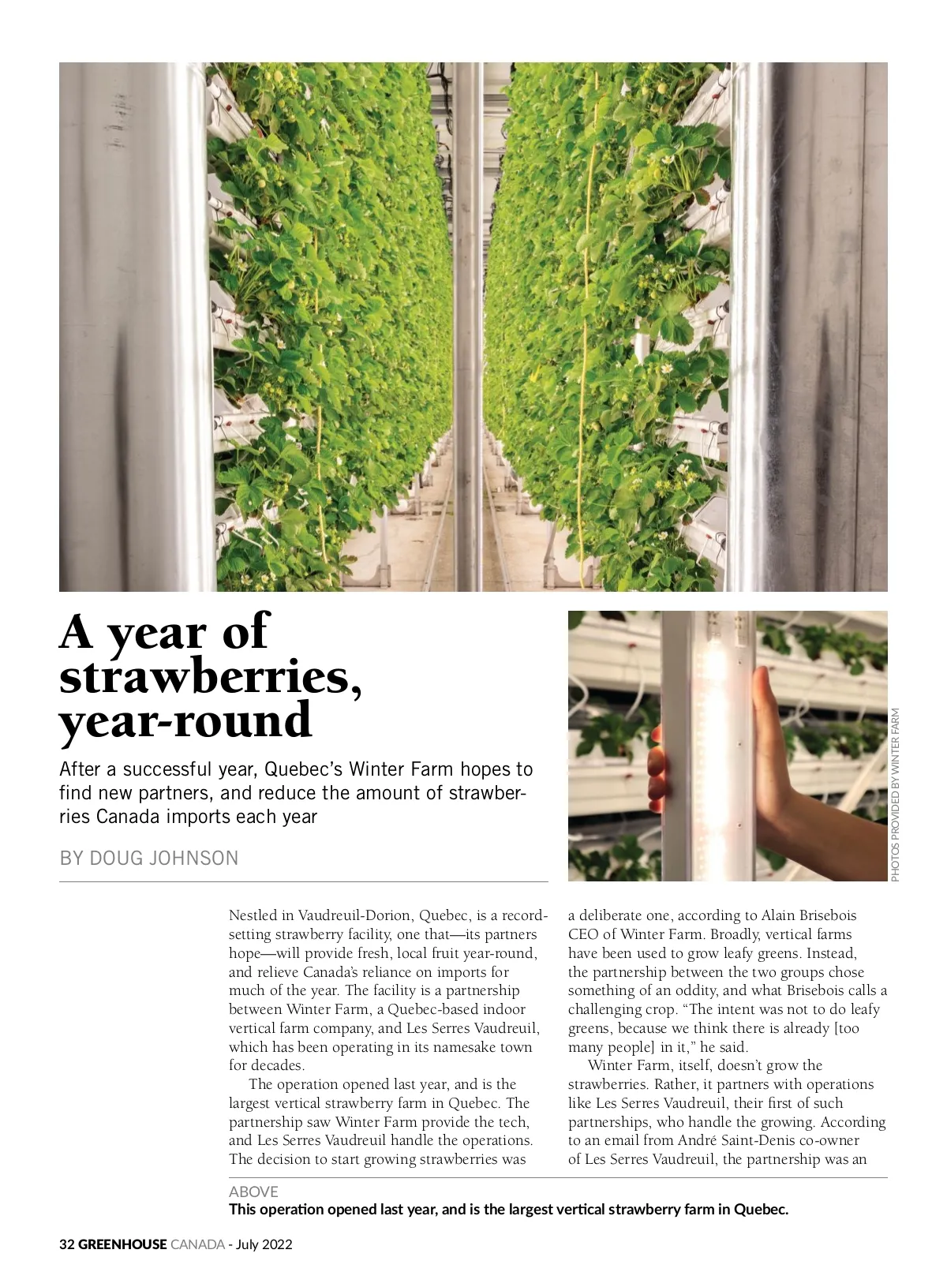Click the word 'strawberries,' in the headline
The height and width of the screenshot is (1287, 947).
click(211, 676)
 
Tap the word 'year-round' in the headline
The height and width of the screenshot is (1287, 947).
click(185, 720)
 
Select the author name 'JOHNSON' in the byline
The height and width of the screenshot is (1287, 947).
click(197, 858)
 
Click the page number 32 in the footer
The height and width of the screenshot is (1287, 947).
click(66, 1244)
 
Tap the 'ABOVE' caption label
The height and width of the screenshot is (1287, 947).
click(253, 1192)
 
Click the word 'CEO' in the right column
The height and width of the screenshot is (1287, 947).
click(584, 935)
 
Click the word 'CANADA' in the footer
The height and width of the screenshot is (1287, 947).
click(197, 1244)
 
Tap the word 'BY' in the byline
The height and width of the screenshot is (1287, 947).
click(72, 858)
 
